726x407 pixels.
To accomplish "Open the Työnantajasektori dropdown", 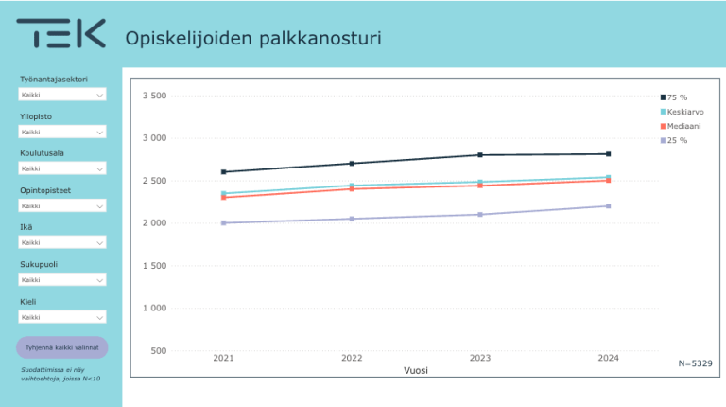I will (x=62, y=95).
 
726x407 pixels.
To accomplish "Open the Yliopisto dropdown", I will (x=62, y=132).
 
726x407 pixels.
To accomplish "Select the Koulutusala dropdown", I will (x=62, y=168).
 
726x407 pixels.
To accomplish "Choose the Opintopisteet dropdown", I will (x=62, y=205).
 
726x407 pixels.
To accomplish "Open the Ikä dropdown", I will (x=62, y=242).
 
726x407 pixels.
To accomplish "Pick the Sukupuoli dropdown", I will (x=62, y=280).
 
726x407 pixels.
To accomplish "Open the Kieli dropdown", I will (x=62, y=317).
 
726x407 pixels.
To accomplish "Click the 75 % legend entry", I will (x=675, y=97).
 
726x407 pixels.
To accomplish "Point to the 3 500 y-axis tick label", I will (x=154, y=96).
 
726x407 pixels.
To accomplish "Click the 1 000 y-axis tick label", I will (x=154, y=309).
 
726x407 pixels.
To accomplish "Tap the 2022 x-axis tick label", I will (x=352, y=358).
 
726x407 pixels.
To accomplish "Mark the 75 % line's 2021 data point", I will (x=224, y=172).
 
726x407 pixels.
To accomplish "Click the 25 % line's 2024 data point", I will (x=609, y=206).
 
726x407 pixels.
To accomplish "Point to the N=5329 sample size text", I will (x=695, y=363).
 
